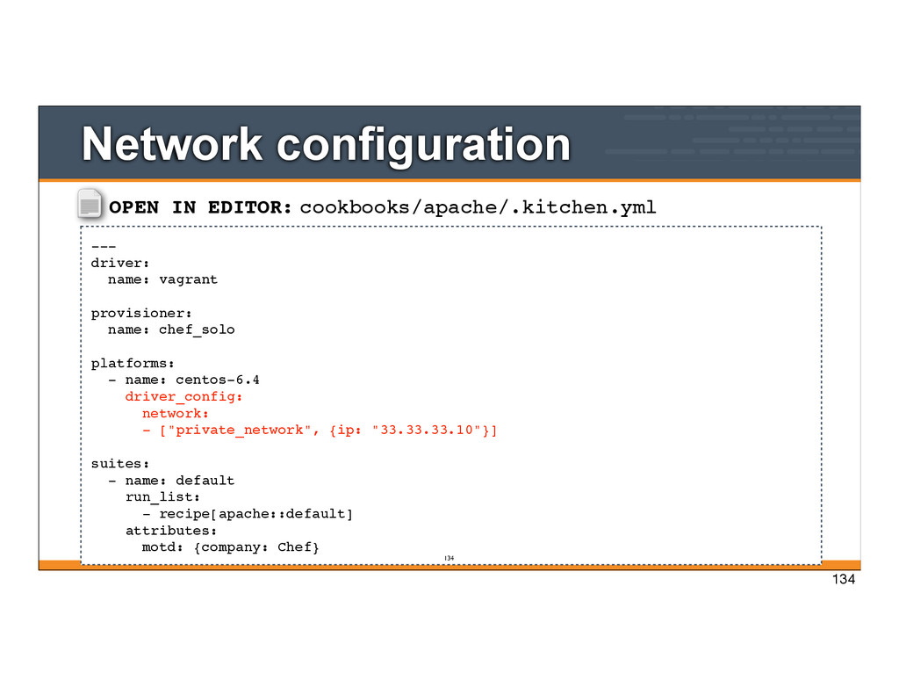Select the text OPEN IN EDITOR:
200,207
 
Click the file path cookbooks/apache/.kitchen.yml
478,207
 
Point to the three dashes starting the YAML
103,246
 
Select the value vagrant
188,279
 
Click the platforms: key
133,363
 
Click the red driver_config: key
183,396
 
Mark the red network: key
175,413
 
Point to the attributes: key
171,531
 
